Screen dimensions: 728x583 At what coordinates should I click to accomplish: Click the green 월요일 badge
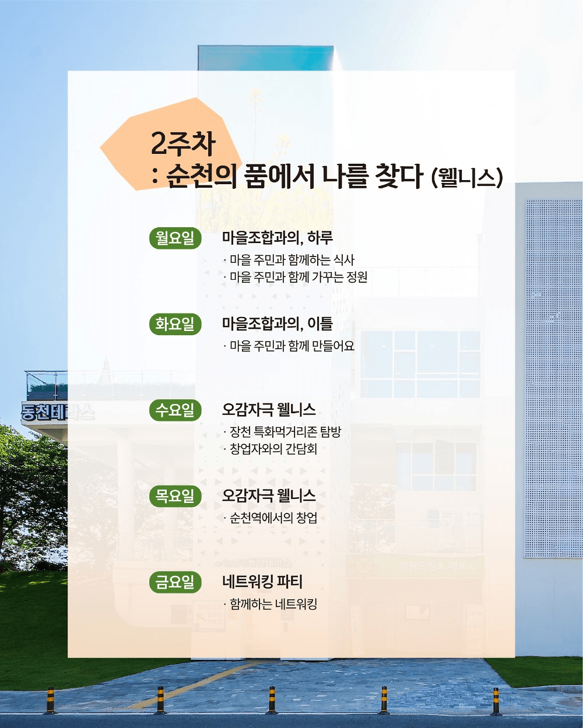pyautogui.click(x=175, y=238)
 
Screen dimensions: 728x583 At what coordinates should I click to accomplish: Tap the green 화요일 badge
pyautogui.click(x=175, y=324)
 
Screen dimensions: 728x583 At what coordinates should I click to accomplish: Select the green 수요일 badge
pyautogui.click(x=175, y=410)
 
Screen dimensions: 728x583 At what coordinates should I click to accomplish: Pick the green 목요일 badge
pyautogui.click(x=175, y=497)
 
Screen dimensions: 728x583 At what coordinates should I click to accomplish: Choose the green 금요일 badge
pyautogui.click(x=175, y=582)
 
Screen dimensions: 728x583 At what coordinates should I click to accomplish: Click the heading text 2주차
pyautogui.click(x=183, y=143)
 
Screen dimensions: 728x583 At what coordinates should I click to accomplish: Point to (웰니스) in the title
pyautogui.click(x=467, y=177)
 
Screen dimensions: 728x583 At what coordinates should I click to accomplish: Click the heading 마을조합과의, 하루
pyautogui.click(x=277, y=238)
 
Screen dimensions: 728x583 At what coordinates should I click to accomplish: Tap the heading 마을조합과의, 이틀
pyautogui.click(x=277, y=324)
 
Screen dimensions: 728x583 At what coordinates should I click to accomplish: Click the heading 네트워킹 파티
pyautogui.click(x=262, y=582)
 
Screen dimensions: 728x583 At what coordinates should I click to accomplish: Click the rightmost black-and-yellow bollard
pyautogui.click(x=496, y=701)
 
